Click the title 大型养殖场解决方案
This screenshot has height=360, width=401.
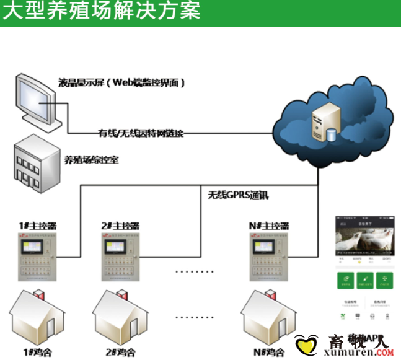(x=102, y=12)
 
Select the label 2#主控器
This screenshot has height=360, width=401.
(x=120, y=226)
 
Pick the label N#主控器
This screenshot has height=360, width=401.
(x=268, y=226)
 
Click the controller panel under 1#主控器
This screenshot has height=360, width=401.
(x=38, y=258)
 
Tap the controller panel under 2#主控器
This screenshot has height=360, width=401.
(x=120, y=258)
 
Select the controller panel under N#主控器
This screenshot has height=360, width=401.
(x=268, y=258)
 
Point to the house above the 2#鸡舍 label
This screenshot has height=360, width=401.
(x=121, y=318)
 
